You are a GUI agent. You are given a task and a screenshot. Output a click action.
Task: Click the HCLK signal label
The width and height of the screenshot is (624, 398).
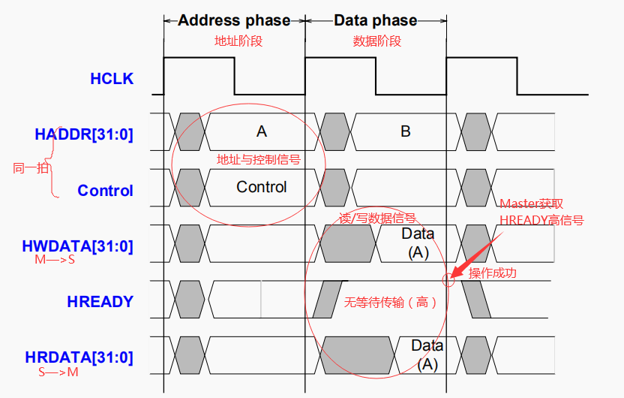coord(112,78)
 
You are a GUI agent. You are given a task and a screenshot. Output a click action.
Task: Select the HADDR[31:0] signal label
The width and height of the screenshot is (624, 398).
coord(84,134)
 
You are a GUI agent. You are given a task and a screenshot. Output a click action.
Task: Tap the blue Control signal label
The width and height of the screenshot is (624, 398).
coord(105,191)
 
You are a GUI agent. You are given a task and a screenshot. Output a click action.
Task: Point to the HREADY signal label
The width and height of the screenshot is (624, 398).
coord(100,302)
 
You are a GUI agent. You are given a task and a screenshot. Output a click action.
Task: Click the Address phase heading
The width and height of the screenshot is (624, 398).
coord(234,20)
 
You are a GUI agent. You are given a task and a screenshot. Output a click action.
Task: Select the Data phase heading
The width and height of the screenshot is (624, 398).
coord(376,20)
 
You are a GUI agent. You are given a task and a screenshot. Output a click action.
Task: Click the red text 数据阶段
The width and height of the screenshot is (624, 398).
coord(376,42)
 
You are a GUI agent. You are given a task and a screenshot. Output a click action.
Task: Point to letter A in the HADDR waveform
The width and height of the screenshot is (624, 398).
coord(261,131)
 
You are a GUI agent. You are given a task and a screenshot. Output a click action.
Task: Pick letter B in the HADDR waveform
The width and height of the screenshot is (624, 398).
coord(406,131)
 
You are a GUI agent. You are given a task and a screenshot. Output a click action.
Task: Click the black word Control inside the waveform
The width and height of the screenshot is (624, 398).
coord(261,187)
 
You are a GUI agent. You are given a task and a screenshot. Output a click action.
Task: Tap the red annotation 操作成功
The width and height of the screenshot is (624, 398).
coord(493,273)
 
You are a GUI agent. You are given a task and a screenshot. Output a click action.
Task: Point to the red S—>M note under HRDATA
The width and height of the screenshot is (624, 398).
coord(57,372)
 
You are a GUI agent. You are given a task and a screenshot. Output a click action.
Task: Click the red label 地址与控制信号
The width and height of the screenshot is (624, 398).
coord(259,159)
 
